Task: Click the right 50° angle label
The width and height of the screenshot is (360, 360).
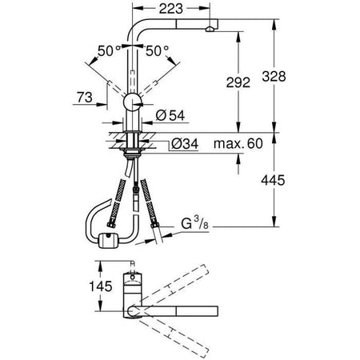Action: [157, 50]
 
